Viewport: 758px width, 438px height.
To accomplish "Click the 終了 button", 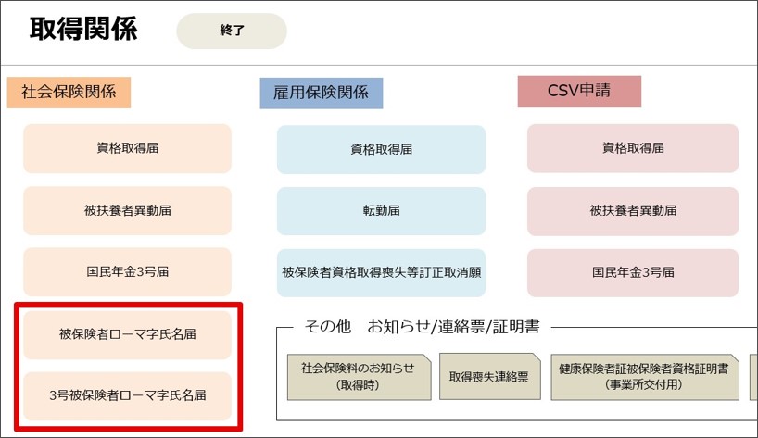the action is pos(232,31).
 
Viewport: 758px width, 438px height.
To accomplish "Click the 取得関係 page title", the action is pos(83,29).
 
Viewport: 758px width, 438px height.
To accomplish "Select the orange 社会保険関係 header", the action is pos(69,92).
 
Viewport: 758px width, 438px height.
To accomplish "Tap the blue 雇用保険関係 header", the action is pos(321,93).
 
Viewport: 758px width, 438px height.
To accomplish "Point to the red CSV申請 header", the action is pos(579,91).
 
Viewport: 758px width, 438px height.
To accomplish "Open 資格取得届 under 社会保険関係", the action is pos(128,148).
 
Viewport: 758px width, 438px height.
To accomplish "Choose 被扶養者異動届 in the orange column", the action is pos(128,210).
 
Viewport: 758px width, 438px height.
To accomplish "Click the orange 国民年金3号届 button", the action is pos(128,272).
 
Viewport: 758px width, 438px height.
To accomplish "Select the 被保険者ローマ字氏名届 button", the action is pos(128,334).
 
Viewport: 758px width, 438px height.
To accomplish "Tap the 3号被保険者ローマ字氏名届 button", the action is pos(128,395).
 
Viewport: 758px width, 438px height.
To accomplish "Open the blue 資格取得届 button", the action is pos(381,150).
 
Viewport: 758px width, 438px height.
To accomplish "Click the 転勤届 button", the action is pos(381,211).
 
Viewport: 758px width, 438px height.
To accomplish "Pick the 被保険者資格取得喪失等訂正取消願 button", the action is pos(381,273).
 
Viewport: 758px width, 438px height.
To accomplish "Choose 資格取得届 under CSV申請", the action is pos(633,148).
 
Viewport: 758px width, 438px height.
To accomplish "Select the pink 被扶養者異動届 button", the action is pos(633,211).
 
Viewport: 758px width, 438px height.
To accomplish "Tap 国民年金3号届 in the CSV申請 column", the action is pos(633,273).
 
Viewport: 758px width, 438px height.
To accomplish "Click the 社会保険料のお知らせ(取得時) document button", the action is pos(359,377).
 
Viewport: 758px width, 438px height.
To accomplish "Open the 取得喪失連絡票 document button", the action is pos(489,377).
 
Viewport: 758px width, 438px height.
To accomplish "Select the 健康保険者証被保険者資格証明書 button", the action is pos(645,377).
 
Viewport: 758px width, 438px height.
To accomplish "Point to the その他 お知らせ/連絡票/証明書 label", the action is pos(422,327).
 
